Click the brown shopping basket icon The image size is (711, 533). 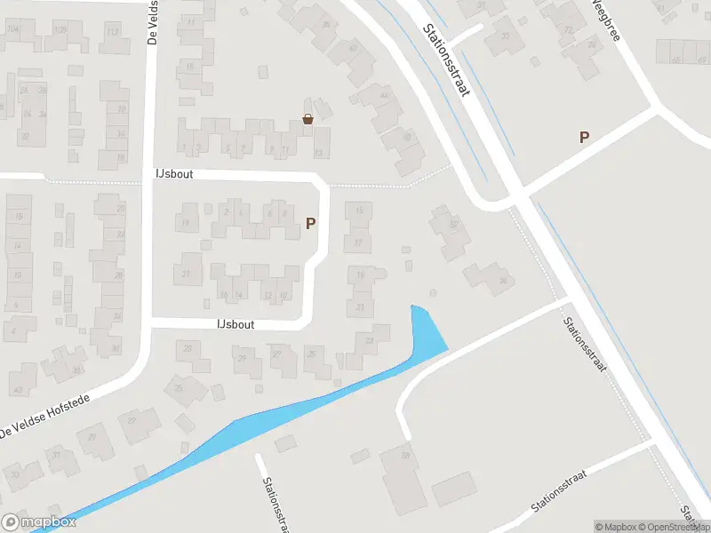308,119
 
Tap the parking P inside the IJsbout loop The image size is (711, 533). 310,224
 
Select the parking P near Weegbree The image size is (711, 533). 584,137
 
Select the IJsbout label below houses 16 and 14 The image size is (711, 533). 236,324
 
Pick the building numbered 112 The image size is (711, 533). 113,34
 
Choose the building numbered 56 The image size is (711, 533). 502,281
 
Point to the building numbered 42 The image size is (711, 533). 18,389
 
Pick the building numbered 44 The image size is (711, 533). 384,95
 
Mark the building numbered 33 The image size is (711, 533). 15,474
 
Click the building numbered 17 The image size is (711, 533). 359,242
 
